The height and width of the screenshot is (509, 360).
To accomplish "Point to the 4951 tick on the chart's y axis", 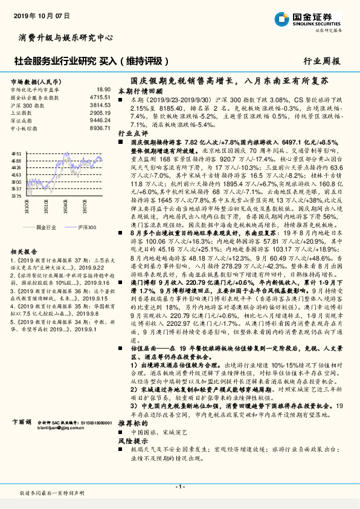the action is coord(16,154).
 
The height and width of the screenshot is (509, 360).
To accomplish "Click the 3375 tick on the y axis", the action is coord(16,195).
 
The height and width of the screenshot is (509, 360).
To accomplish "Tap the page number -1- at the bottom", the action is coord(179,487).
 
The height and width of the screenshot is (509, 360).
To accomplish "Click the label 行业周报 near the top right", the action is coord(321,60).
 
